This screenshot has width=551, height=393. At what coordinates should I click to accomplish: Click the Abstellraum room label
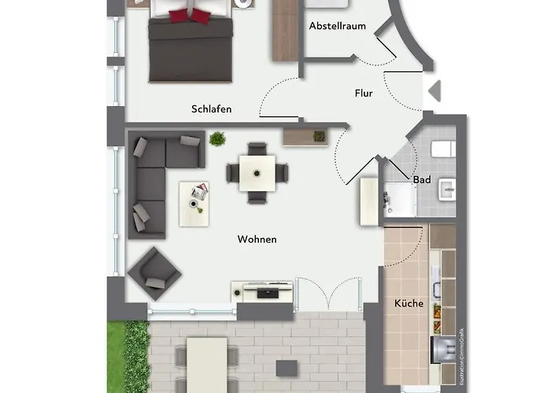(337, 26)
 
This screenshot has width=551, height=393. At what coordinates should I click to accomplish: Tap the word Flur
(364, 93)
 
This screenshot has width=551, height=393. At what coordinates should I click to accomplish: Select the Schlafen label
(211, 109)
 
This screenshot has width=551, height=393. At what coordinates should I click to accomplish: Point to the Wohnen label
(257, 239)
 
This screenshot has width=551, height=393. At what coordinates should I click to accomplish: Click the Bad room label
(422, 180)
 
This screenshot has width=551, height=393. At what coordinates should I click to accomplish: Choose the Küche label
(409, 303)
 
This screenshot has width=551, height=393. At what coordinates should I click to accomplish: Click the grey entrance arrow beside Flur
(434, 93)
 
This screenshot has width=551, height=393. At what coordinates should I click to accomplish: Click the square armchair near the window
(154, 273)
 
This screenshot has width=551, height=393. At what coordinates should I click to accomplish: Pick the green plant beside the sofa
(217, 140)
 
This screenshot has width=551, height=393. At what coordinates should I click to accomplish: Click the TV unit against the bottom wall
(263, 291)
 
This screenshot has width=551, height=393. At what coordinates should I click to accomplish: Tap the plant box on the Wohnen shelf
(319, 136)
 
